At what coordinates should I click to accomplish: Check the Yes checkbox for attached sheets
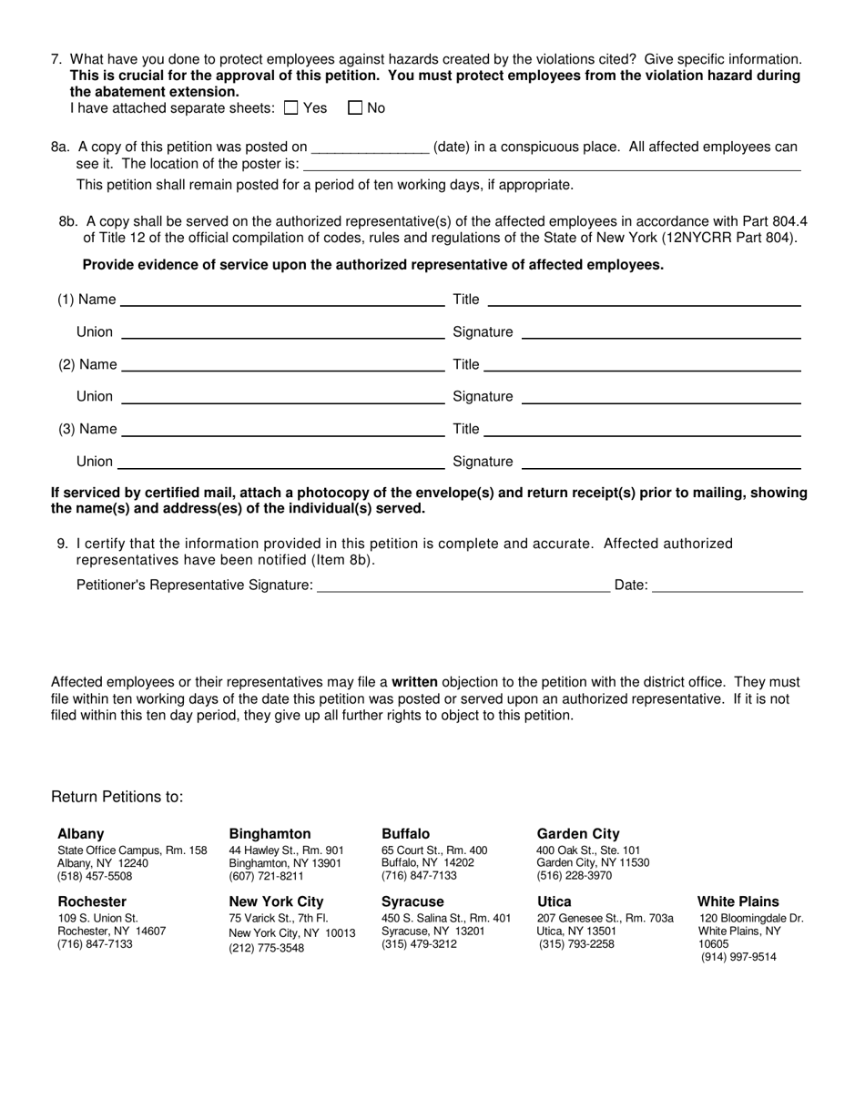pos(291,108)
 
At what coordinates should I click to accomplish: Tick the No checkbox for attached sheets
pos(355,108)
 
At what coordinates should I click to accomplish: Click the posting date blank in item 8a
pos(370,148)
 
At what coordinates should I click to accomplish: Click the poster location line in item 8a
pos(552,165)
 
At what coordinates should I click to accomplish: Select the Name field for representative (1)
pos(282,300)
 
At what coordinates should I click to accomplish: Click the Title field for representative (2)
pos(642,365)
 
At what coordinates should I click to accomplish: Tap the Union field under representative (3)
pos(280,462)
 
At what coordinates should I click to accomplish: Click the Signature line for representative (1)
pos(661,332)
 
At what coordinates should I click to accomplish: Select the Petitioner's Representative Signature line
pos(463,585)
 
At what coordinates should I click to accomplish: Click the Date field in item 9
pos(728,585)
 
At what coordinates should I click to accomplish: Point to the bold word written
pos(415,682)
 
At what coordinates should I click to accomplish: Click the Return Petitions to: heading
pos(117,798)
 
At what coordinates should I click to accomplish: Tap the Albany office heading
pos(81,834)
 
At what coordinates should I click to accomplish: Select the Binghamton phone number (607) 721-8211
pos(267,877)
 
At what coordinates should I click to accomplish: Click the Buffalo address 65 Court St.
pos(434,850)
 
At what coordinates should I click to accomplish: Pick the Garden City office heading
pos(578,834)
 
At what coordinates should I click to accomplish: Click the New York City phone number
pos(267,948)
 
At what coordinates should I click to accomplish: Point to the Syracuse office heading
pos(412,902)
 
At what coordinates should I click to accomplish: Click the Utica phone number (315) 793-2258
pos(576,944)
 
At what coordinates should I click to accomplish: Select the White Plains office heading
pos(738,902)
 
